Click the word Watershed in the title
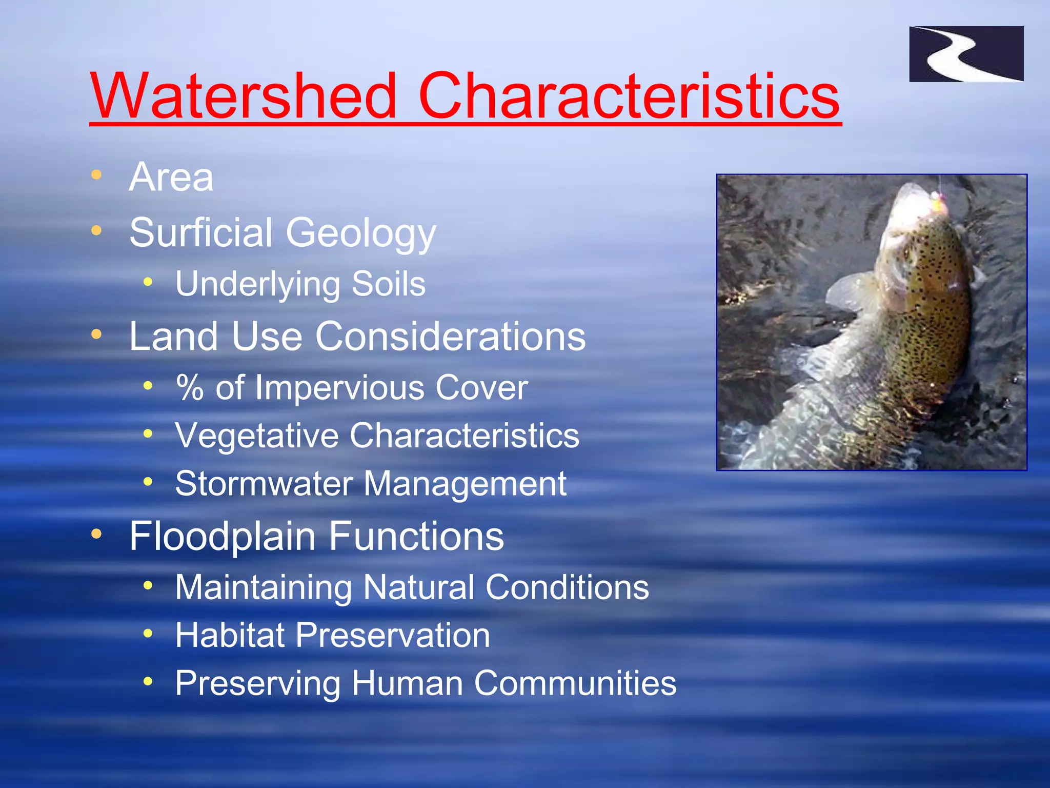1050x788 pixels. (244, 96)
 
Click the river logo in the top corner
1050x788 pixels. (966, 54)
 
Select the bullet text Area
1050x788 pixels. (171, 177)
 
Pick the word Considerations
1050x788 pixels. (450, 337)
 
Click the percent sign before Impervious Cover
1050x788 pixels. (190, 387)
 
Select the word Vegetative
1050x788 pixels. (256, 436)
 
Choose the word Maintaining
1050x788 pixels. (264, 587)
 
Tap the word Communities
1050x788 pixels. (575, 683)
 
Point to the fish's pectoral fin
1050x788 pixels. (849, 292)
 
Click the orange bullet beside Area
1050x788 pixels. (96, 175)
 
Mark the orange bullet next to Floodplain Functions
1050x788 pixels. (96, 535)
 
